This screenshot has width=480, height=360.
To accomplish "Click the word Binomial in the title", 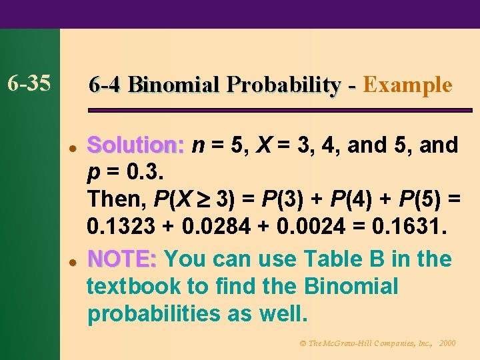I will click(x=175, y=85).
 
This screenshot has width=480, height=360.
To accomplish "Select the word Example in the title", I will click(x=408, y=85).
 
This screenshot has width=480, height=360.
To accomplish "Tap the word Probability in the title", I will click(x=283, y=85).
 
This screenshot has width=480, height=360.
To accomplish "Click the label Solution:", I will click(x=135, y=145).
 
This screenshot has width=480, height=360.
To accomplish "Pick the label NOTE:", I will click(x=122, y=259).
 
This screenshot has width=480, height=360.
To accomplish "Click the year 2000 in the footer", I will click(x=448, y=343).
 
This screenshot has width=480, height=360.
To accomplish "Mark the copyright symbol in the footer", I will click(x=302, y=343).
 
